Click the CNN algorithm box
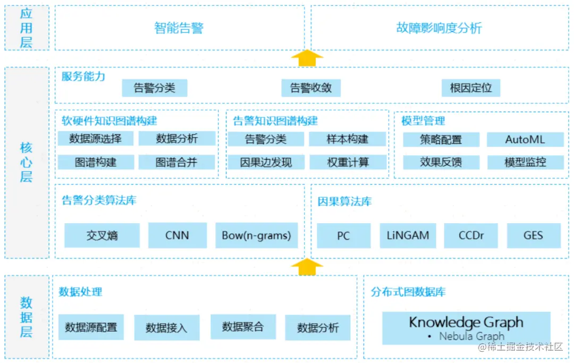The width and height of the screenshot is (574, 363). pyautogui.click(x=177, y=235)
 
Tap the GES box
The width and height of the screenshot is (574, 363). pyautogui.click(x=533, y=235)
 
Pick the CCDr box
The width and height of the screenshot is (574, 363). pyautogui.click(x=471, y=235)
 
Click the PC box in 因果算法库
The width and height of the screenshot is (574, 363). pyautogui.click(x=343, y=235)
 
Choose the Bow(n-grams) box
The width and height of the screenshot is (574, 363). pyautogui.click(x=256, y=235)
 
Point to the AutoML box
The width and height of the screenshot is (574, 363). pyautogui.click(x=525, y=140)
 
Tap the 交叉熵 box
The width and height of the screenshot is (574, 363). pyautogui.click(x=102, y=235)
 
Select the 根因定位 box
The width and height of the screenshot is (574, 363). pyautogui.click(x=471, y=88)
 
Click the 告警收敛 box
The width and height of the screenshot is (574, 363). pyautogui.click(x=311, y=88)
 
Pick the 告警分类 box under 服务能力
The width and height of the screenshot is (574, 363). pyautogui.click(x=155, y=88)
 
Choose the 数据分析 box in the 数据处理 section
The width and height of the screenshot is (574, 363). pyautogui.click(x=318, y=327)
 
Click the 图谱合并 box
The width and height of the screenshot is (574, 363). pyautogui.click(x=177, y=162)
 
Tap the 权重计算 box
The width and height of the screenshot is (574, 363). pyautogui.click(x=348, y=162)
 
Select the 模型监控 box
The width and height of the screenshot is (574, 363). pyautogui.click(x=525, y=162)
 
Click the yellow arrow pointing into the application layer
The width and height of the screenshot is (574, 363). pyautogui.click(x=307, y=58)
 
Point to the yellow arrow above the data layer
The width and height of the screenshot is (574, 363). pyautogui.click(x=307, y=267)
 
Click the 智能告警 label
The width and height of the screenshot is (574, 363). pyautogui.click(x=179, y=28)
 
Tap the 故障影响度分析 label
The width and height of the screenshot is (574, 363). pyautogui.click(x=439, y=28)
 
